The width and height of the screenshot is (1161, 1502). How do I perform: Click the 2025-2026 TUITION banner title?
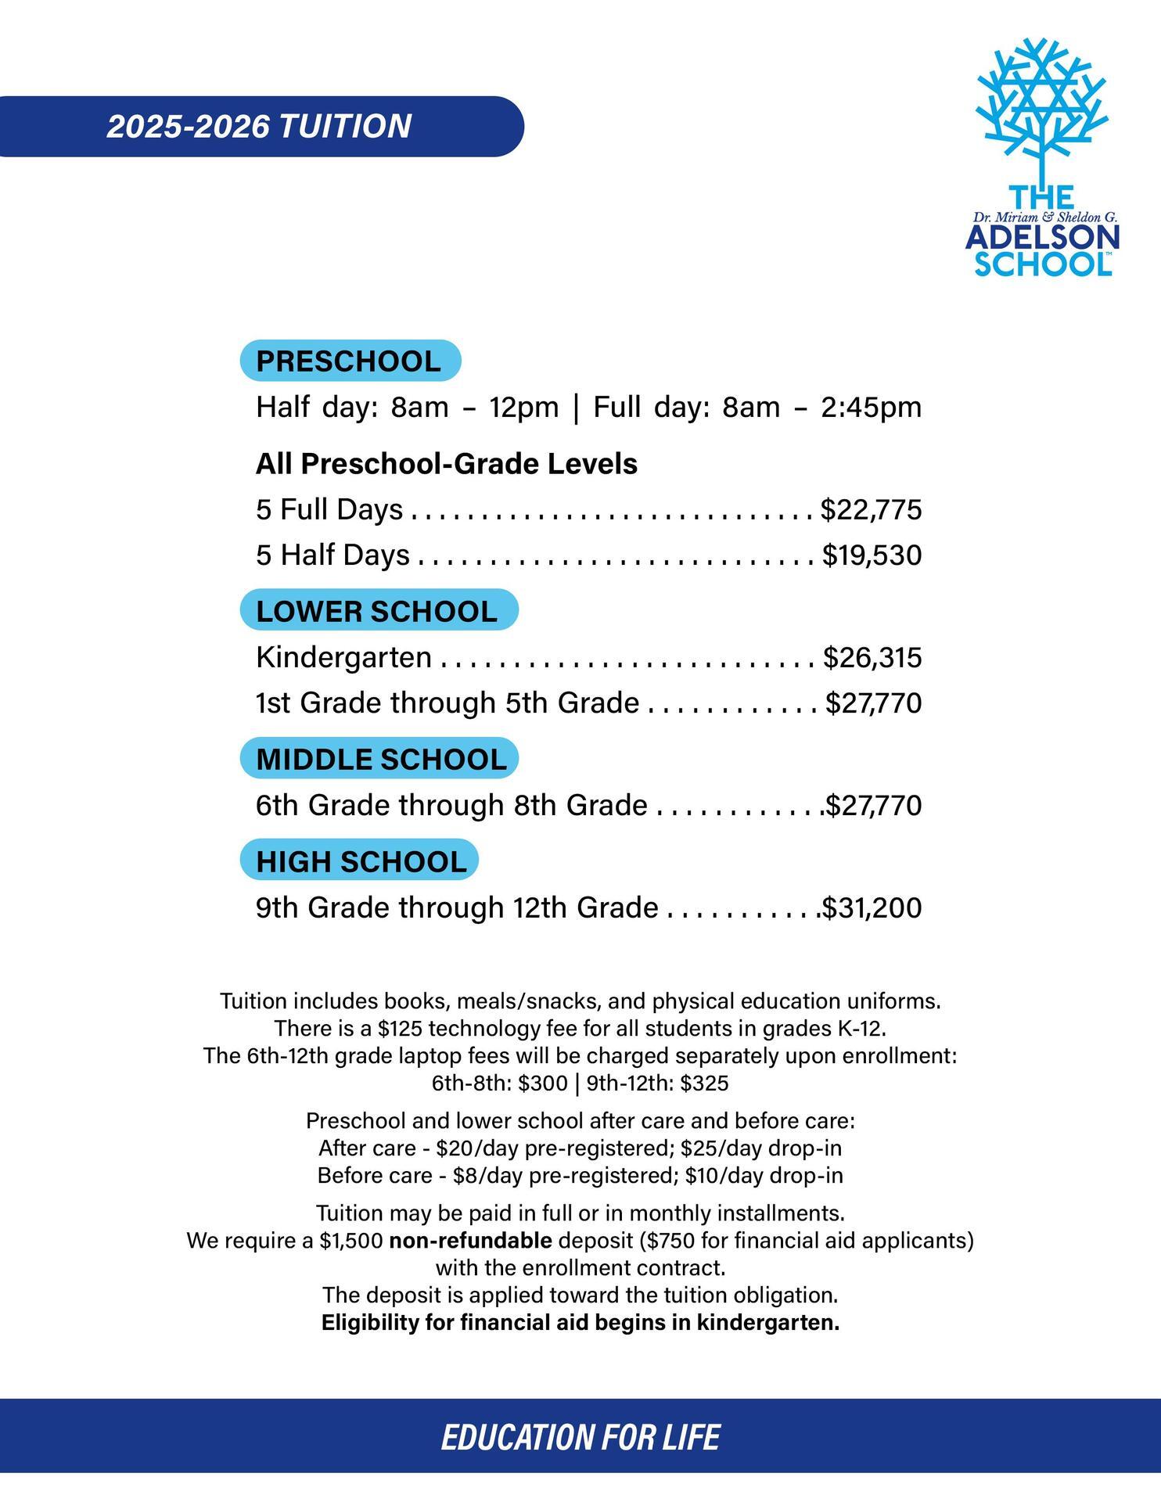[259, 127]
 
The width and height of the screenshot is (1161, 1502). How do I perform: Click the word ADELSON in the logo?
[1042, 239]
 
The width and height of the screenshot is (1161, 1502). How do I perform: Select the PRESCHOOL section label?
[349, 361]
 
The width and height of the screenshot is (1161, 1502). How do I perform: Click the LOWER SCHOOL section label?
[377, 611]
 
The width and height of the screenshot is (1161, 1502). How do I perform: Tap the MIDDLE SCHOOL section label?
[381, 759]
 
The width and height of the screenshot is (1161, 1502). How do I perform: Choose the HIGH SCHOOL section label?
[361, 861]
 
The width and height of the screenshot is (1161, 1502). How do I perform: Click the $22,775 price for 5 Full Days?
[871, 509]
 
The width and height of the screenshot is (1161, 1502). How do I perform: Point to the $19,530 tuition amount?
[872, 555]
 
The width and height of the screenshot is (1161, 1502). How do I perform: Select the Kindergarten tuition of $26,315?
[872, 657]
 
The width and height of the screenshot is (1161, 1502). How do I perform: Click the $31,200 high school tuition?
[872, 907]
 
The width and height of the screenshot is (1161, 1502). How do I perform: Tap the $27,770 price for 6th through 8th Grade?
[874, 805]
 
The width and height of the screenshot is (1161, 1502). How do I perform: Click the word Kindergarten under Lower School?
[343, 657]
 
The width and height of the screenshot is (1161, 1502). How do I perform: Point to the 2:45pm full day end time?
[871, 407]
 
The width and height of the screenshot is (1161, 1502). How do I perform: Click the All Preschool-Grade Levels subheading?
[447, 464]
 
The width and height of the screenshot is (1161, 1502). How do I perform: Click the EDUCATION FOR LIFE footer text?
[580, 1437]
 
